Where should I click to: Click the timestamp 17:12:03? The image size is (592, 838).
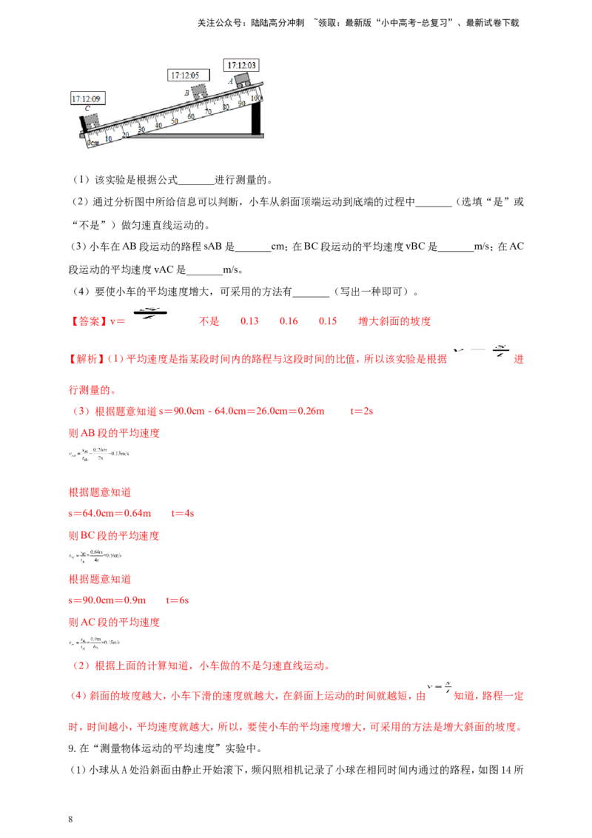pos(242,65)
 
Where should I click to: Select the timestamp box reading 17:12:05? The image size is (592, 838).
pos(189,75)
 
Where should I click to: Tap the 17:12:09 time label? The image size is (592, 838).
pos(87,98)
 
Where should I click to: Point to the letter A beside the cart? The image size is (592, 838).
pos(231,80)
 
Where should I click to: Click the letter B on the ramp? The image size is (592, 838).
pos(186,93)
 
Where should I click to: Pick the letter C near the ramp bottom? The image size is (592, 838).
pos(87,109)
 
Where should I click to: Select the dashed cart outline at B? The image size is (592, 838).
pos(199,91)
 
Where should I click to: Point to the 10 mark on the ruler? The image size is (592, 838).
pos(109,138)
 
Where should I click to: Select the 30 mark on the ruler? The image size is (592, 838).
pos(142,129)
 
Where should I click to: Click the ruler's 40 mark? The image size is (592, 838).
pos(158,125)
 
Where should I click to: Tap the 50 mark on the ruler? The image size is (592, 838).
pos(175,121)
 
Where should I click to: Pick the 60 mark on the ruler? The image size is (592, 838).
pos(192,116)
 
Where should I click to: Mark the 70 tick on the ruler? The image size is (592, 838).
pos(208,112)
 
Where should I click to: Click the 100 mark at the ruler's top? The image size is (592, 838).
pos(256,98)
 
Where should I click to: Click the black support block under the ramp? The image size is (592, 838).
pos(257,118)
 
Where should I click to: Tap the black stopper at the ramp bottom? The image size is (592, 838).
pos(82,124)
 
